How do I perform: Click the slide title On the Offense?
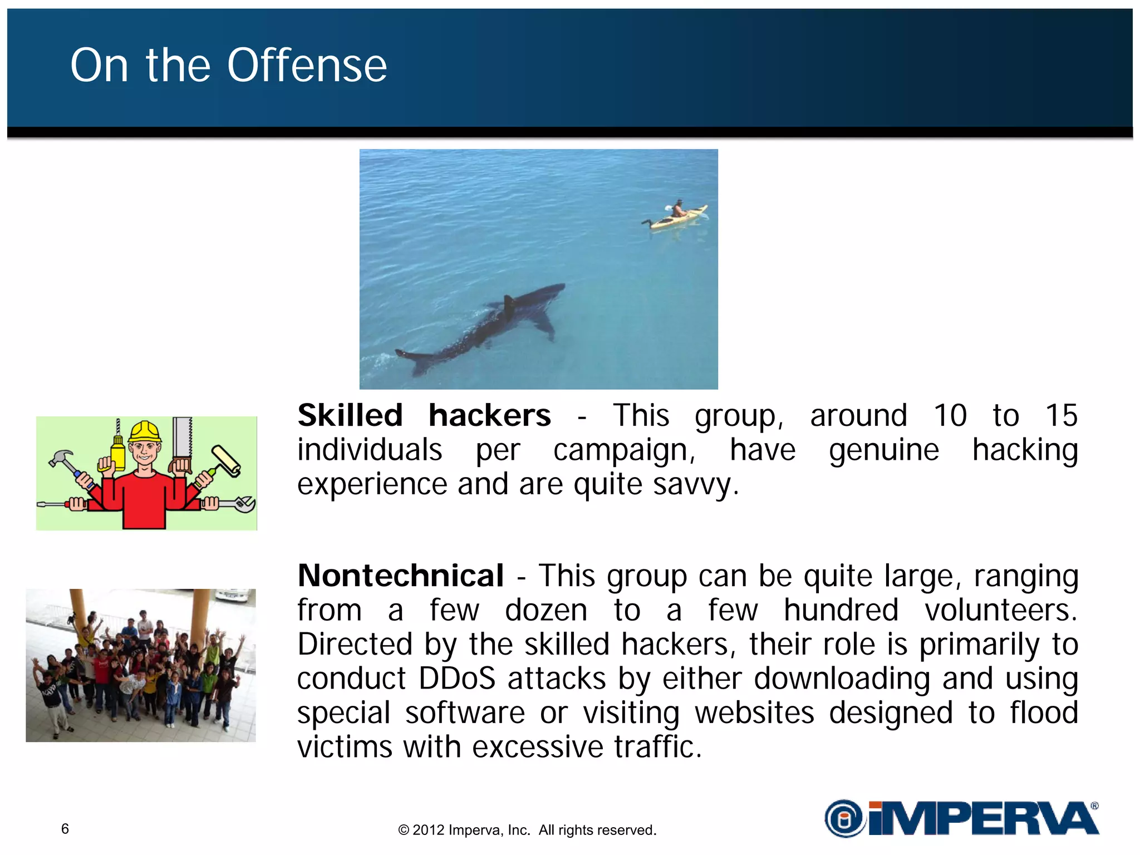point(228,65)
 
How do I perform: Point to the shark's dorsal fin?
point(508,304)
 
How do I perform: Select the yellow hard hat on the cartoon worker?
point(145,432)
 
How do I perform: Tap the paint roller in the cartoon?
point(225,460)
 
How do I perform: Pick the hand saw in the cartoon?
point(183,443)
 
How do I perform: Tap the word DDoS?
point(456,679)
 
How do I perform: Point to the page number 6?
point(65,829)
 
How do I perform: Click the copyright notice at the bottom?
point(527,830)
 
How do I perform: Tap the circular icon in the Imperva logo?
point(844,818)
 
